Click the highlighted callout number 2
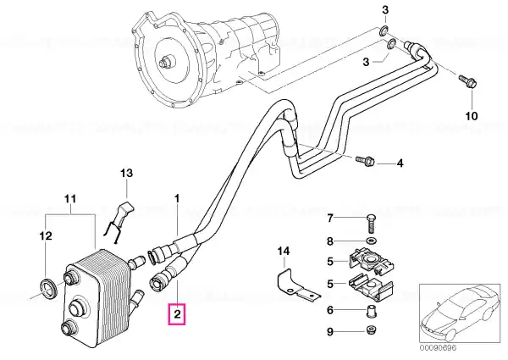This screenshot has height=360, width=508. pos(177,314)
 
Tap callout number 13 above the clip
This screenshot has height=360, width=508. pos(127,173)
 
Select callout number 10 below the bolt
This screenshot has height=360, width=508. pos(472,116)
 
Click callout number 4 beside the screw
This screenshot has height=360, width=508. pos(400,163)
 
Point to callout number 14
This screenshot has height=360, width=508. pos(284,251)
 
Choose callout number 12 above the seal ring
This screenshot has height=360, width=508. pos(46,235)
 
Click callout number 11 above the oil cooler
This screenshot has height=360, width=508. pos(70,198)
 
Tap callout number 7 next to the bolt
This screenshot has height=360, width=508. pos(330,219)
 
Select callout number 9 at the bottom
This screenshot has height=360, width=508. pos(330,332)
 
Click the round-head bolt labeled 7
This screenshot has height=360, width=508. pos(372,223)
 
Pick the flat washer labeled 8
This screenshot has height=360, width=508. pos(372,241)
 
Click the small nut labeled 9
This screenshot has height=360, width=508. pos(372,330)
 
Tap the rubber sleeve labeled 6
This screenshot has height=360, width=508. pos(372,310)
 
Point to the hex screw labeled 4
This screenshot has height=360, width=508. pos(365,160)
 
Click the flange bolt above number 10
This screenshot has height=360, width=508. pos(468,81)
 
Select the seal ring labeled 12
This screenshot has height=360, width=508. pos(49,289)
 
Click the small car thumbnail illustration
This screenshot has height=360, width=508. pos(460,313)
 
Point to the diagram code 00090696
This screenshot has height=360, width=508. pos(438,348)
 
